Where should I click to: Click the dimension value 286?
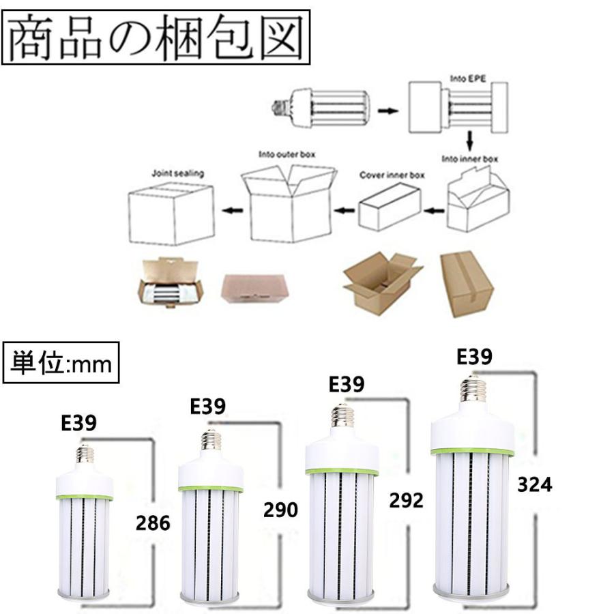(x=153, y=523)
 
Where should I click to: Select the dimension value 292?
(x=406, y=499)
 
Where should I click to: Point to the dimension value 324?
(x=534, y=484)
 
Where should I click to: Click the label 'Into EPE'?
(x=467, y=78)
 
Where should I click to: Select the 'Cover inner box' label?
(x=392, y=175)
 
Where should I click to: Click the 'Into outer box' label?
(x=287, y=154)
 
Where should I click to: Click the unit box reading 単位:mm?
(x=61, y=362)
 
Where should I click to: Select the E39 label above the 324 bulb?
(x=474, y=356)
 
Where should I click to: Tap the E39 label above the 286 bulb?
(x=79, y=423)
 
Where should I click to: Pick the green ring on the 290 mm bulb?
(x=211, y=488)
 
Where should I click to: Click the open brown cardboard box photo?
(x=381, y=280)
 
